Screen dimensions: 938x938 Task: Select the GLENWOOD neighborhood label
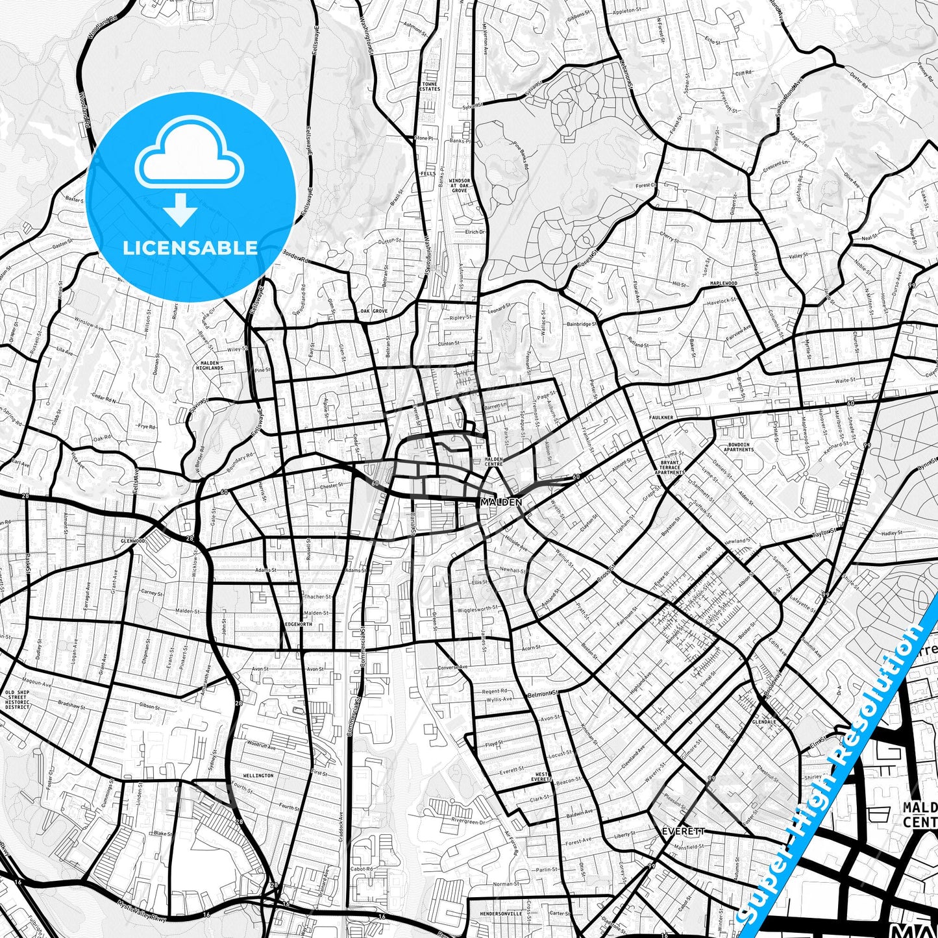[132, 540]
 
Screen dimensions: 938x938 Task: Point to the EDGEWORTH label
[299, 624]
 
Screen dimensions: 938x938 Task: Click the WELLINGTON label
[258, 776]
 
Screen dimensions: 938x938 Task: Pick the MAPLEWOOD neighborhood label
[723, 284]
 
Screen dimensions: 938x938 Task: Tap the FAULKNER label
[661, 417]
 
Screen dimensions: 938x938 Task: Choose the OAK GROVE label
[374, 312]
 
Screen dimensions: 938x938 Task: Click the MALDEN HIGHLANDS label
[209, 365]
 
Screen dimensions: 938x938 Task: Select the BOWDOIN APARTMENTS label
[738, 447]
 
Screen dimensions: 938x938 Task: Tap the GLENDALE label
[764, 721]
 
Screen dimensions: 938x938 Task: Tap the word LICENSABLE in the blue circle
[190, 248]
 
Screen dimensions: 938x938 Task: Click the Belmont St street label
[543, 694]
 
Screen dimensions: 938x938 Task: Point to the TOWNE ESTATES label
[430, 86]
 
